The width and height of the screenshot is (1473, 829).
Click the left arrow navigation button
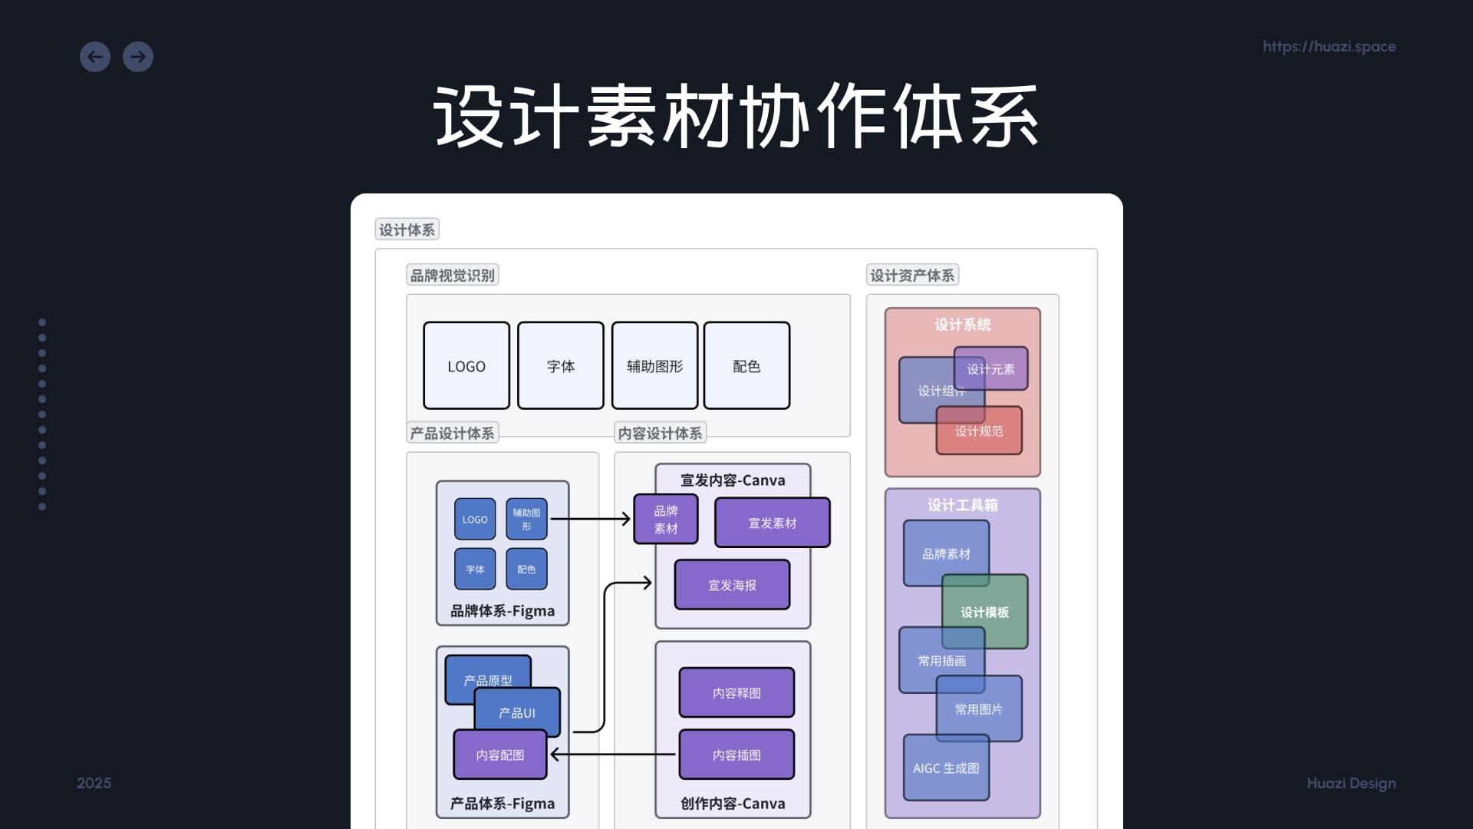click(95, 57)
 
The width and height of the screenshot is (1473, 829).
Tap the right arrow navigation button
click(138, 57)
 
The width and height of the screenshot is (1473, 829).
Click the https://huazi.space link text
click(1329, 47)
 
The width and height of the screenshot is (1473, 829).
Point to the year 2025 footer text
click(94, 783)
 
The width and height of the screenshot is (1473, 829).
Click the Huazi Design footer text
click(1351, 783)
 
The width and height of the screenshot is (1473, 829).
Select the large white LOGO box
click(466, 366)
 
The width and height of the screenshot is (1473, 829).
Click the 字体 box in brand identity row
click(561, 366)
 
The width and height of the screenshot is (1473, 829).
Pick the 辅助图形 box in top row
click(654, 366)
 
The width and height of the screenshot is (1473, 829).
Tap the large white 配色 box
click(746, 366)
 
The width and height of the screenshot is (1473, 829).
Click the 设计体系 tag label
click(407, 230)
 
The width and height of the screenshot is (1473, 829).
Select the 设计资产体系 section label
click(912, 275)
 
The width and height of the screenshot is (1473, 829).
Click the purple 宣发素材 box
click(772, 523)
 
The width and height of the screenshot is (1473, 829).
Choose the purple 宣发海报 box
click(732, 585)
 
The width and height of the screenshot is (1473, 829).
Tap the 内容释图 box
click(736, 692)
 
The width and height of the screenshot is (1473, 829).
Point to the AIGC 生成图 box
click(946, 768)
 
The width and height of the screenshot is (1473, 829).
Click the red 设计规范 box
click(979, 431)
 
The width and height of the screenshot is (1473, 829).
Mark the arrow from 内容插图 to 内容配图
click(614, 755)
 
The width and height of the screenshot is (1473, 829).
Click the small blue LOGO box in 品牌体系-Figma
click(475, 520)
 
